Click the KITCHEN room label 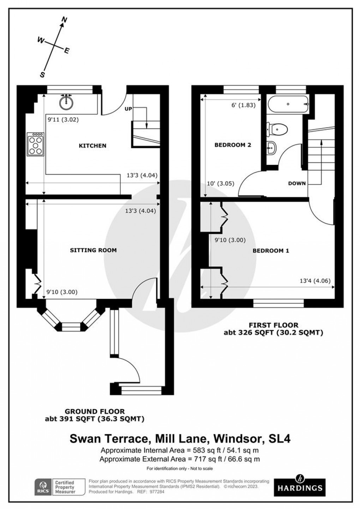click(92, 146)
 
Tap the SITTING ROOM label click(93, 250)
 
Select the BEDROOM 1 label click(271, 250)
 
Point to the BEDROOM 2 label click(233, 145)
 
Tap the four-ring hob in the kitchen click(35, 144)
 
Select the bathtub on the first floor click(288, 104)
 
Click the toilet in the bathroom click(277, 129)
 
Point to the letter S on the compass click(42, 75)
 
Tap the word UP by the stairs click(128, 109)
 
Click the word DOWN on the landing click(297, 183)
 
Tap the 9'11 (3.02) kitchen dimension click(63, 119)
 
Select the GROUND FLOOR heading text click(94, 412)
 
